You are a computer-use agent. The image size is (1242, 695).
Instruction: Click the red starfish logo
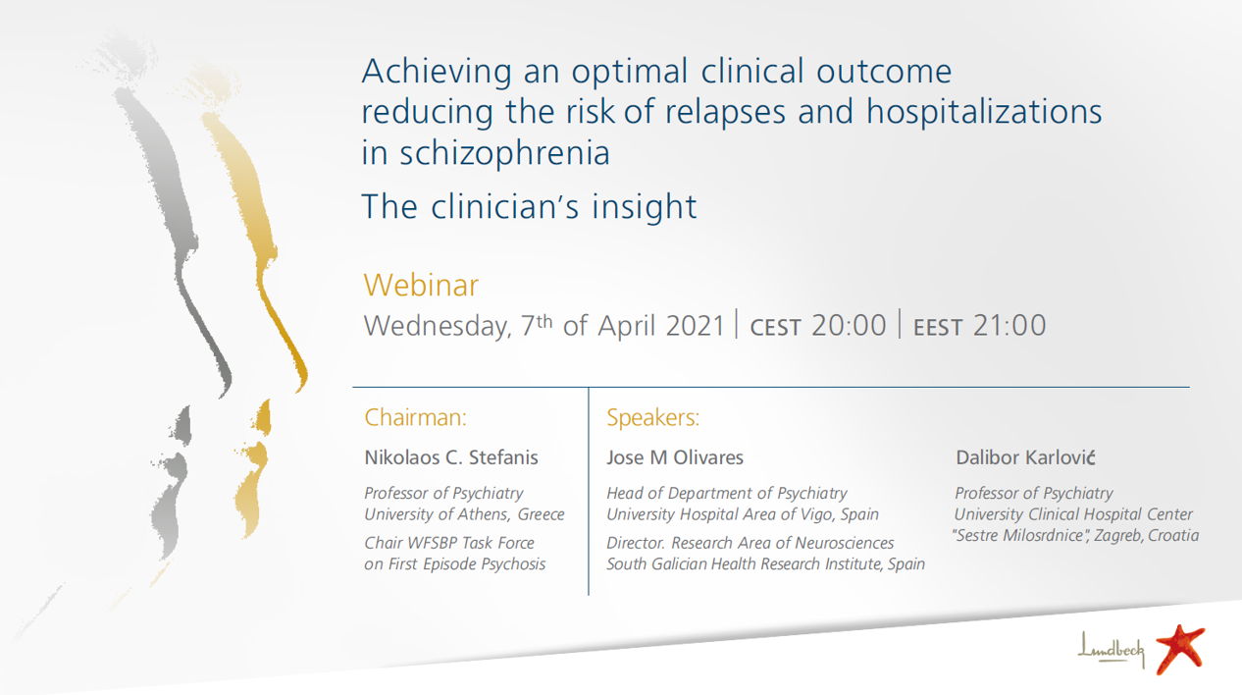pyautogui.click(x=1180, y=649)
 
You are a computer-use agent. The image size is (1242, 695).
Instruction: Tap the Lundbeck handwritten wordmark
pyautogui.click(x=1111, y=649)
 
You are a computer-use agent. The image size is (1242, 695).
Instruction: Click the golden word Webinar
pyautogui.click(x=421, y=285)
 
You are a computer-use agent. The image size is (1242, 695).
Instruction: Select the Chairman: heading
pyautogui.click(x=415, y=417)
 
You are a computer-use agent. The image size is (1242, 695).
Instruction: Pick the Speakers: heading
pyautogui.click(x=652, y=417)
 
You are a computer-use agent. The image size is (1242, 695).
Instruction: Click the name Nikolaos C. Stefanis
pyautogui.click(x=450, y=457)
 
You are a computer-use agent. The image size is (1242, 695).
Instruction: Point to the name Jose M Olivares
pyautogui.click(x=675, y=457)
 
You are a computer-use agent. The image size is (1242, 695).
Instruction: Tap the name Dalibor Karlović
pyautogui.click(x=1025, y=457)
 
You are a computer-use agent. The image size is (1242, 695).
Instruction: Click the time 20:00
pyautogui.click(x=849, y=325)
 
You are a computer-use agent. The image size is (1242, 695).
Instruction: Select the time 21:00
pyautogui.click(x=1009, y=325)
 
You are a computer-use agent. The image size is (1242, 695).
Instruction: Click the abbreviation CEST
pyautogui.click(x=775, y=327)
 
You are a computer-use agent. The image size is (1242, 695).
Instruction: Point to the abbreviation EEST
pyautogui.click(x=938, y=327)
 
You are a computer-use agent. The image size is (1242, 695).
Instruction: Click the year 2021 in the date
pyautogui.click(x=696, y=326)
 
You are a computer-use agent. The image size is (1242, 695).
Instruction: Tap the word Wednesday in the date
pyautogui.click(x=438, y=326)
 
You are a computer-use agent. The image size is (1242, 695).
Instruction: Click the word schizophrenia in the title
pyautogui.click(x=504, y=152)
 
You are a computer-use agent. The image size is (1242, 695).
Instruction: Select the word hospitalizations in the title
pyautogui.click(x=984, y=112)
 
